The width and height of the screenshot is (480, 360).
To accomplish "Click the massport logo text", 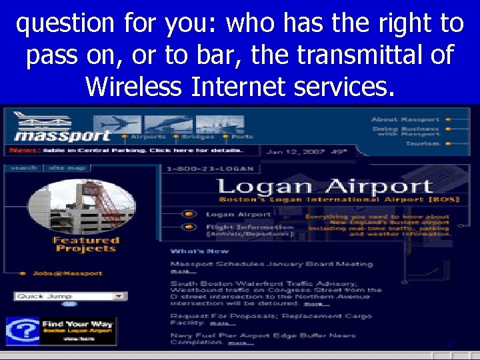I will (63, 135).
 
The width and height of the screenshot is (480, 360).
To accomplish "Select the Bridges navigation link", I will (197, 136).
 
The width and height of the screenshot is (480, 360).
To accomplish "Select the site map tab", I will (63, 167).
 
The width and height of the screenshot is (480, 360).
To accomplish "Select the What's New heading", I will (199, 251).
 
